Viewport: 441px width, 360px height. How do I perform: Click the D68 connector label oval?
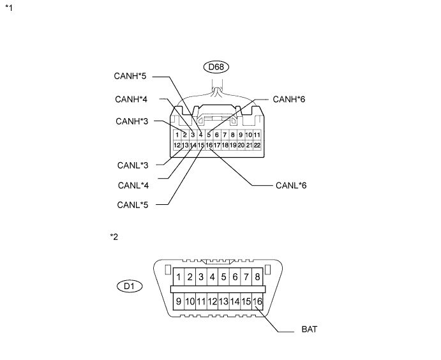(x=216, y=66)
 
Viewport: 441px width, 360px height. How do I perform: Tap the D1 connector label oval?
(x=130, y=286)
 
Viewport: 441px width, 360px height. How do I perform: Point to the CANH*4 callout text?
(x=131, y=100)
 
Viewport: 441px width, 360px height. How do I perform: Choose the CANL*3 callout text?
(x=133, y=165)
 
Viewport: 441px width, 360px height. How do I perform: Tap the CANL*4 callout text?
(x=133, y=186)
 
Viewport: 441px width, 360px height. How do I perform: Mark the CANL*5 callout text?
(x=133, y=205)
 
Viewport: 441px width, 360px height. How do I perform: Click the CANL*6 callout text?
(x=292, y=186)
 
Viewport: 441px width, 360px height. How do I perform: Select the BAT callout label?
(x=309, y=331)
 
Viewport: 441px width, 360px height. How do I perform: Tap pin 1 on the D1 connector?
(x=179, y=277)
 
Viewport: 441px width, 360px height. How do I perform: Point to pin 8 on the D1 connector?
(x=257, y=277)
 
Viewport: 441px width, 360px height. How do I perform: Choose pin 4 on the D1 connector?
(x=213, y=277)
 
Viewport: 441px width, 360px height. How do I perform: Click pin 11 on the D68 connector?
(x=256, y=135)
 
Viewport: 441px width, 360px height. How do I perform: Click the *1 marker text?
(x=8, y=8)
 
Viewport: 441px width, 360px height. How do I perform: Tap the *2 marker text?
(x=114, y=236)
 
